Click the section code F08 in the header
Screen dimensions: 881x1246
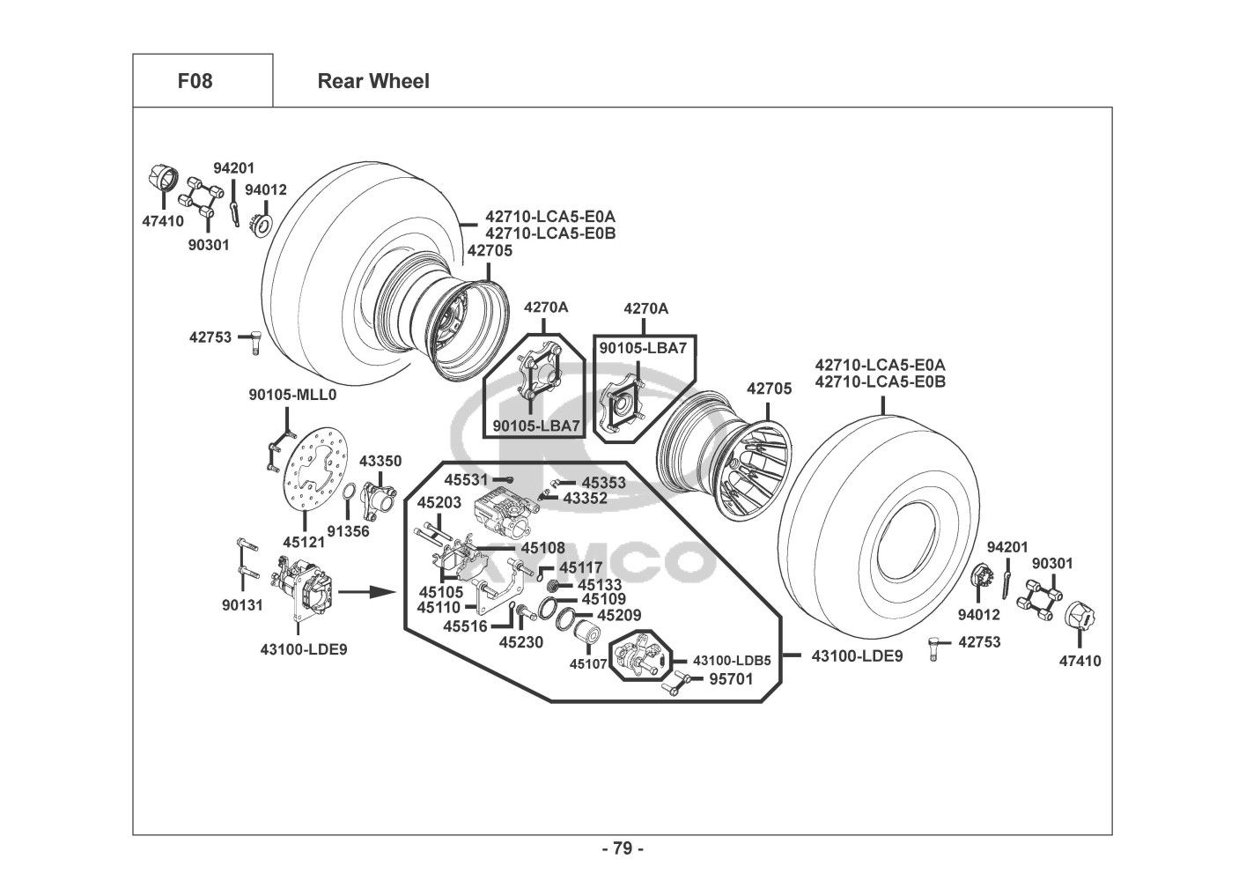pos(195,81)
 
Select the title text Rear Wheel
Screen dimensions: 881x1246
pos(373,81)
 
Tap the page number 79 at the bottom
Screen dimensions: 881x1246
pos(623,848)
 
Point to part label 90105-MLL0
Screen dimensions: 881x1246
pos(292,396)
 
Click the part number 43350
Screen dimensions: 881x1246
pos(380,461)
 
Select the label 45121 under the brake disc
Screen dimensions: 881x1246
pos(304,544)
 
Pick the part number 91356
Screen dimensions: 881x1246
pos(349,531)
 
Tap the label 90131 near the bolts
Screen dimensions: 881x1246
pos(241,605)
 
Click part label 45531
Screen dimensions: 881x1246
pos(466,480)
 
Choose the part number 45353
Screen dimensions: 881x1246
pos(604,483)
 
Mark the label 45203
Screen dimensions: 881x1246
pos(439,502)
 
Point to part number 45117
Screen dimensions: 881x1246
pos(581,568)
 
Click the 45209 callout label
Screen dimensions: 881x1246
pos(620,616)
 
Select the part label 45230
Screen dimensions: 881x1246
pos(521,642)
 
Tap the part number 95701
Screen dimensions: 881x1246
pos(731,679)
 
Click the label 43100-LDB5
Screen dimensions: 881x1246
pos(732,660)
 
